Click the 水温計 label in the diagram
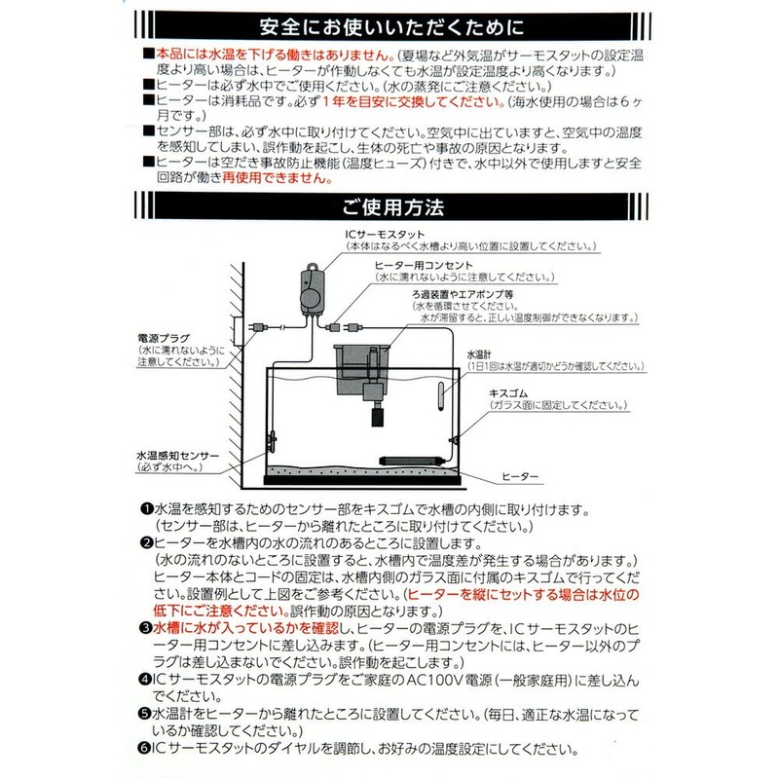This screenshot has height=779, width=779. point(480,355)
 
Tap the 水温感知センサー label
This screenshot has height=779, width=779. point(178,454)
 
